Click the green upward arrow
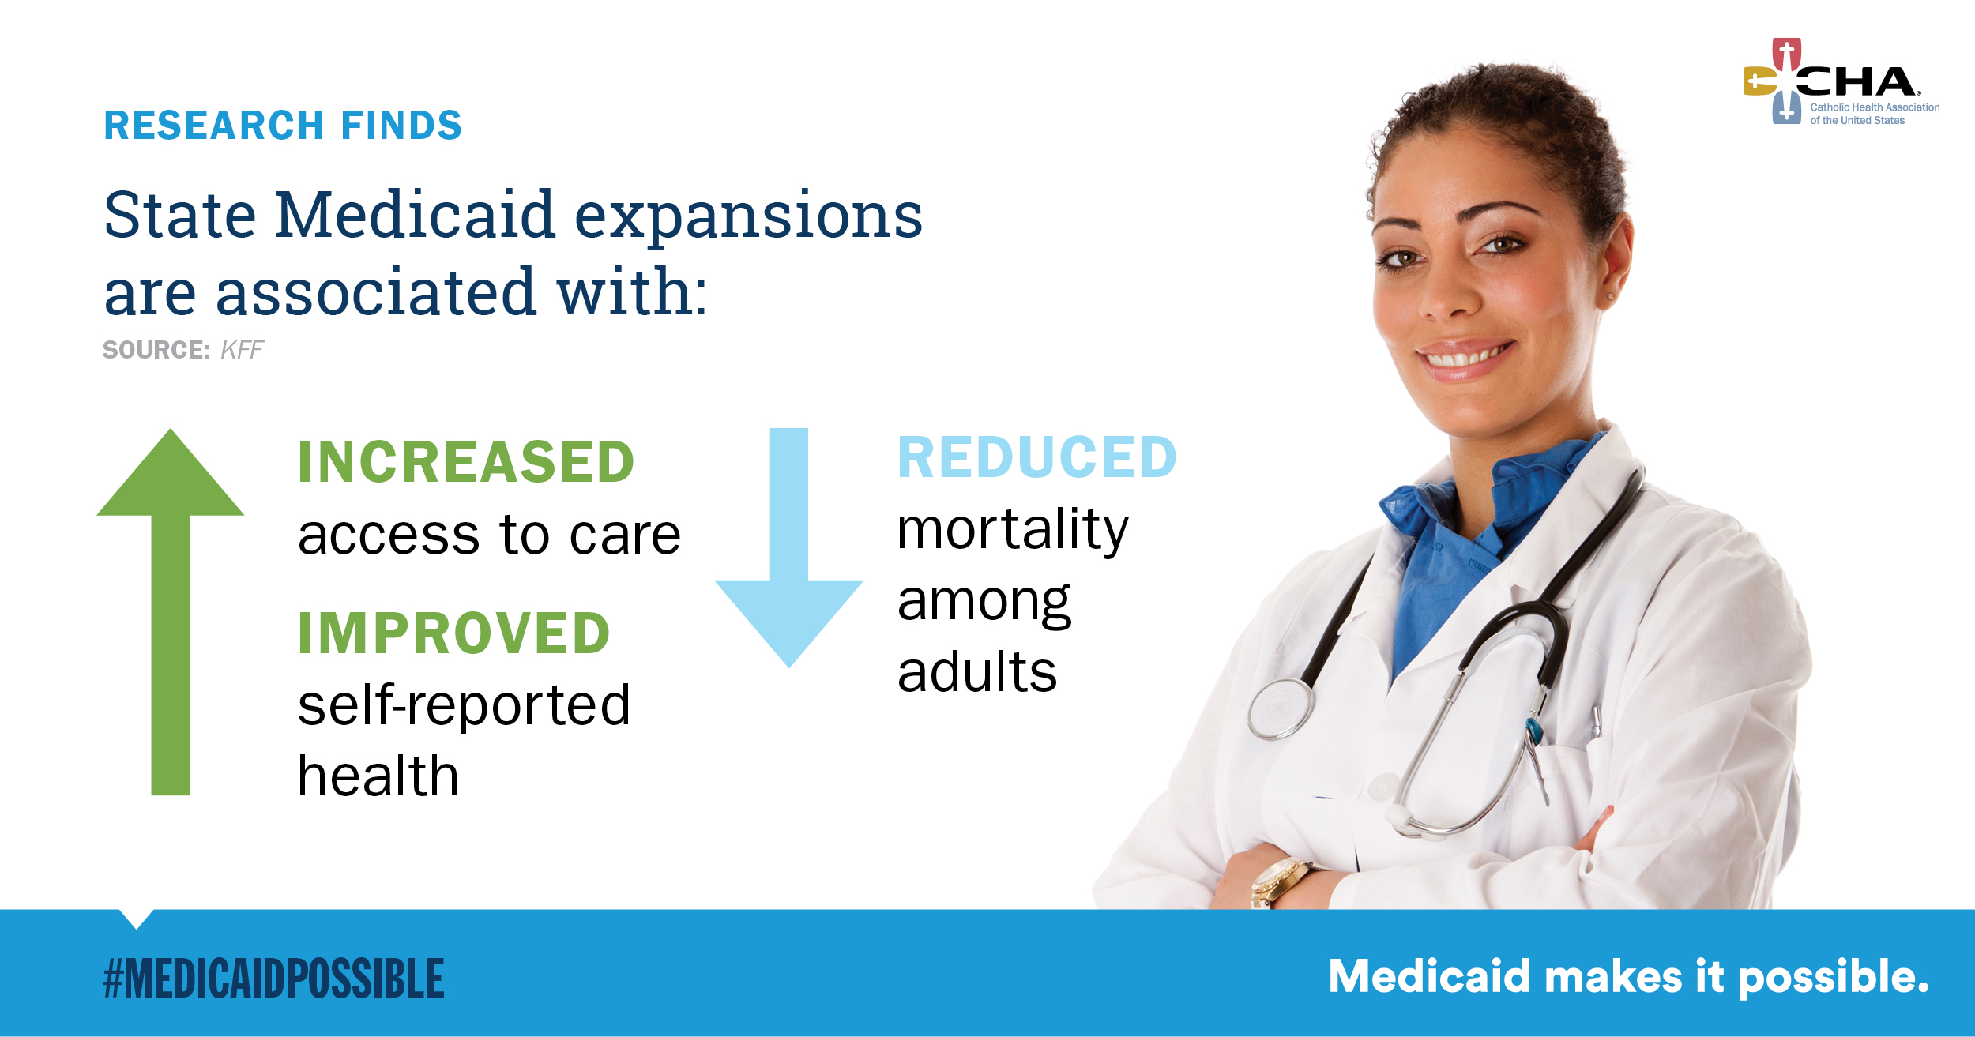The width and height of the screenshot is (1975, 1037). tap(171, 612)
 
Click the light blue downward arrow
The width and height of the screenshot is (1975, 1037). tap(789, 548)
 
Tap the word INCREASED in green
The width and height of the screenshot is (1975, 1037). tap(466, 462)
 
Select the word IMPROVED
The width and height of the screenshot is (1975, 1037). tap(454, 633)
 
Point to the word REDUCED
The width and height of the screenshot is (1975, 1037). tap(1037, 457)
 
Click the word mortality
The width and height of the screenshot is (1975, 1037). tap(1013, 531)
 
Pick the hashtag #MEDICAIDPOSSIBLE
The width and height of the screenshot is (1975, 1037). tap(274, 979)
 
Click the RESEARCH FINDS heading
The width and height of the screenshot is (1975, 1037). tap(283, 126)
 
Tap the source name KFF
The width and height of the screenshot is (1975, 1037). tap(242, 350)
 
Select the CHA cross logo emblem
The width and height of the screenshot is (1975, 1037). tap(1774, 81)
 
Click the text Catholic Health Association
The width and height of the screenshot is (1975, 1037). tap(1875, 107)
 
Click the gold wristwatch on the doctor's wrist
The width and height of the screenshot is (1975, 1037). tap(1278, 883)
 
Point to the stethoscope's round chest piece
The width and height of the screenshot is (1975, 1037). tap(1281, 708)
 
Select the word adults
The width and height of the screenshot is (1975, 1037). tap(977, 672)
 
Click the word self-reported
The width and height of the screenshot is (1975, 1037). tap(465, 704)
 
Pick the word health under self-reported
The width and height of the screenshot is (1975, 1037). tap(378, 776)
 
